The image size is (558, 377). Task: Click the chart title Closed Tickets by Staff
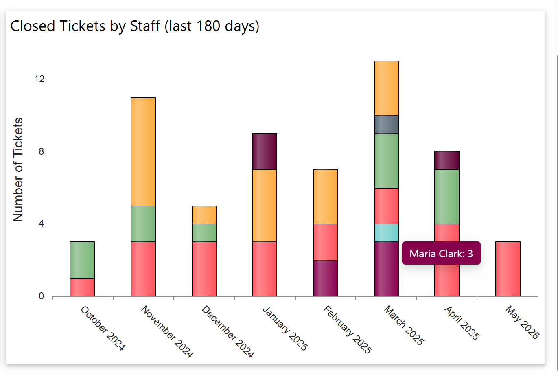point(134,26)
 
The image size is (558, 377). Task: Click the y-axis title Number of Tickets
point(18,169)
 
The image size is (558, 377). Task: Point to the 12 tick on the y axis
point(39,79)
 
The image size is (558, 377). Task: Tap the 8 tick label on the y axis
point(41,151)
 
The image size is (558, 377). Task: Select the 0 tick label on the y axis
point(41,296)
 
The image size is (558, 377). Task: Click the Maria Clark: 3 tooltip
point(441,253)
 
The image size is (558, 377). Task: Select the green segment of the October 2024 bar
point(82,260)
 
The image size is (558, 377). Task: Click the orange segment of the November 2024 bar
point(143,151)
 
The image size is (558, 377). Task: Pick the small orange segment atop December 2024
point(204,215)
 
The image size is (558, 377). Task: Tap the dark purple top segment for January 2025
point(265,151)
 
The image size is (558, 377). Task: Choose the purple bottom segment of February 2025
point(326,278)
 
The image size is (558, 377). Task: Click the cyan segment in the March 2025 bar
point(387,233)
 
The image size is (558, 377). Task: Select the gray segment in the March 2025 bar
point(387,125)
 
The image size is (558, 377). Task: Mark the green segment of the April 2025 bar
point(447,196)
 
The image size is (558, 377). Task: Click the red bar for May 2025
point(508,269)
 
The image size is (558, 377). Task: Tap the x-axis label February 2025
point(347,330)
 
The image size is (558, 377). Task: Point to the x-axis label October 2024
point(103,328)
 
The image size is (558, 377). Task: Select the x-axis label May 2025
point(522,322)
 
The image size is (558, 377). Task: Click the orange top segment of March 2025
point(387,88)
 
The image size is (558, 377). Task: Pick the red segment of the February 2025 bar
point(326,242)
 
